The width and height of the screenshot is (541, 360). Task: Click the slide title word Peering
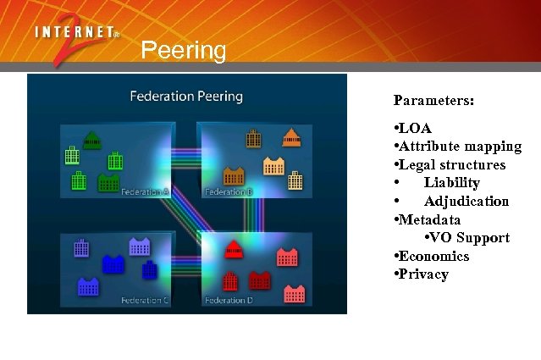tap(184, 51)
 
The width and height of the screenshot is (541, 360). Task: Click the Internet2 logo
tap(76, 42)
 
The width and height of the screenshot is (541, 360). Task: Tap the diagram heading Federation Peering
tap(186, 96)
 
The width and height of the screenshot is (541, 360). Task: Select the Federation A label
tap(145, 192)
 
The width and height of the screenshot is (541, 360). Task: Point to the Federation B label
tap(229, 192)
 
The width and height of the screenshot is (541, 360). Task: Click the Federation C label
tap(145, 301)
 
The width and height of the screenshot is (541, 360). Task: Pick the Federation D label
tap(229, 301)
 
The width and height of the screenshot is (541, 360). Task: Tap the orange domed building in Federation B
tap(291, 136)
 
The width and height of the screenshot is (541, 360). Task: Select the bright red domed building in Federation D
tap(234, 248)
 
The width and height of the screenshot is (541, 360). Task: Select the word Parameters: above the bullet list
tap(433, 100)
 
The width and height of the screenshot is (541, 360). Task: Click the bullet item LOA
tap(415, 129)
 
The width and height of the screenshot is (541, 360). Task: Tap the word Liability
tap(452, 183)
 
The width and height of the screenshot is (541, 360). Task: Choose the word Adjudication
tap(466, 202)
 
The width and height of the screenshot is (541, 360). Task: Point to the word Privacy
tap(424, 274)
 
